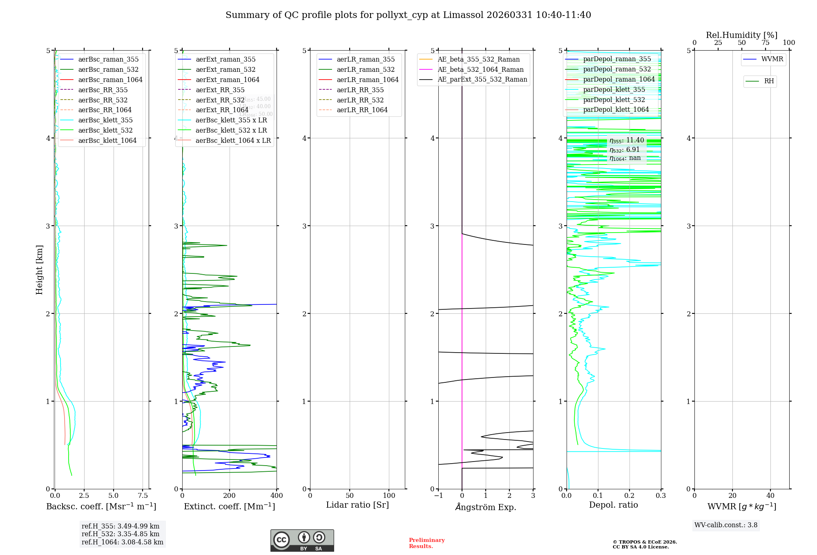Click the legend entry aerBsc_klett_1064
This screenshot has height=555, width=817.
(107, 140)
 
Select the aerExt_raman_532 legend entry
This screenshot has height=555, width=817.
(225, 69)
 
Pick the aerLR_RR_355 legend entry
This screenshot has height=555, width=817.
(360, 90)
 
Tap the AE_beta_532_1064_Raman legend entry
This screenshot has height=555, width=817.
(480, 69)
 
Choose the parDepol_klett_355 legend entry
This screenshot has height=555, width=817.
(614, 89)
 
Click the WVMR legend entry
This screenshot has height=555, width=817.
(772, 59)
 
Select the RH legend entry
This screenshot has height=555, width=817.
(769, 81)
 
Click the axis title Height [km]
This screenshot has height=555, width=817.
(39, 270)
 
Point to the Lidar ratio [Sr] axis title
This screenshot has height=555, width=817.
(357, 505)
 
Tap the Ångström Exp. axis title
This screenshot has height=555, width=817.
(486, 507)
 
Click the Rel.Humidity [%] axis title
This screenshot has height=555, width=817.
(741, 35)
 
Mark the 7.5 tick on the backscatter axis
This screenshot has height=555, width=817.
(143, 495)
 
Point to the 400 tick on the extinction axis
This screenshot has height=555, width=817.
(277, 495)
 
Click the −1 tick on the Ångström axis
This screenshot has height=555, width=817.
(438, 495)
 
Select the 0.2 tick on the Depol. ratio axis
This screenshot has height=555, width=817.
(629, 495)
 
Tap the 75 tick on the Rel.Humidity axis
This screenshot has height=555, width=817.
(765, 43)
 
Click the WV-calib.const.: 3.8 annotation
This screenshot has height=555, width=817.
(726, 525)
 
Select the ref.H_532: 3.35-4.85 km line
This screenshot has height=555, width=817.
(121, 534)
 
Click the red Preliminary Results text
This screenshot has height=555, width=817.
(426, 543)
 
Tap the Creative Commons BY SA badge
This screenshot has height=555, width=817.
(302, 540)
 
